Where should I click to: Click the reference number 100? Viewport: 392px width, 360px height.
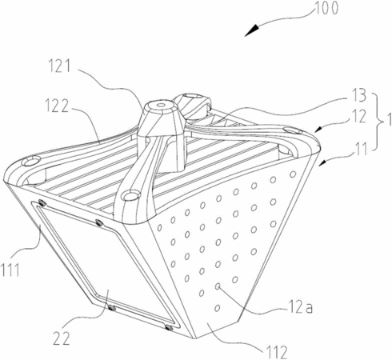pyautogui.click(x=326, y=8)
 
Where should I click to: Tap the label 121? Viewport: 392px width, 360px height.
pyautogui.click(x=59, y=66)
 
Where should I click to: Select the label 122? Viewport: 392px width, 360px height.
pyautogui.click(x=56, y=106)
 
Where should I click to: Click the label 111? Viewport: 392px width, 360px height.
pyautogui.click(x=10, y=270)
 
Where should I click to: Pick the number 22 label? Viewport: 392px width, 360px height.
pyautogui.click(x=62, y=338)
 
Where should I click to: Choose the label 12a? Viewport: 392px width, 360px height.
pyautogui.click(x=300, y=308)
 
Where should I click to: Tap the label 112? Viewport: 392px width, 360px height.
pyautogui.click(x=276, y=352)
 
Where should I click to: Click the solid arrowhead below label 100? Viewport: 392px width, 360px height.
pyautogui.click(x=252, y=30)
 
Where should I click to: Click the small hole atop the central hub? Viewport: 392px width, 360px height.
pyautogui.click(x=160, y=105)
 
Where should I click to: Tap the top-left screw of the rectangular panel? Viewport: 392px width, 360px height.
pyautogui.click(x=42, y=203)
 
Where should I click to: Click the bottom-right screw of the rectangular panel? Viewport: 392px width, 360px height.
pyautogui.click(x=168, y=327)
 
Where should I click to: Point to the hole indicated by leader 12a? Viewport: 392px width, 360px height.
pyautogui.click(x=218, y=286)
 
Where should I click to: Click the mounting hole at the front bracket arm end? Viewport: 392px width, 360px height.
pyautogui.click(x=130, y=195)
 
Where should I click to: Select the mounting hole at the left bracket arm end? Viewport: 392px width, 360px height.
pyautogui.click(x=31, y=161)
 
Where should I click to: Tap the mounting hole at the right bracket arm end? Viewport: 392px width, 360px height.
pyautogui.click(x=292, y=130)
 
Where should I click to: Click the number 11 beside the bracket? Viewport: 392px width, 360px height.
pyautogui.click(x=362, y=149)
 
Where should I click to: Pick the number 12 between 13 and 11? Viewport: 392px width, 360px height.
pyautogui.click(x=360, y=116)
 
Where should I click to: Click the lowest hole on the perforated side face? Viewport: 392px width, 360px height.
pyautogui.click(x=218, y=308)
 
